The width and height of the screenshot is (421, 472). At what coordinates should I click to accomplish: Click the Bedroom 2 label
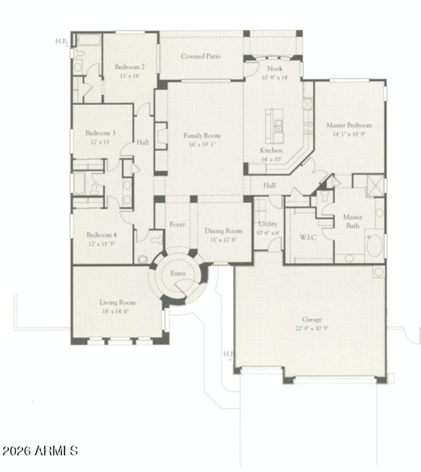[129, 67]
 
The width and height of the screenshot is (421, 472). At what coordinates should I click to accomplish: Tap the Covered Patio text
[201, 56]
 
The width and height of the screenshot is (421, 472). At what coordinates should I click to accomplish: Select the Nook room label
[275, 68]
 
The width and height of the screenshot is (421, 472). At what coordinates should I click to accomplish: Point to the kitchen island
[275, 126]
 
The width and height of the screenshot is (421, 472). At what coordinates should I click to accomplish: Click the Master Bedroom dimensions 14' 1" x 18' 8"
[349, 134]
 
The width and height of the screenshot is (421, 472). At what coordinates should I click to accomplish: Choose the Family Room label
[202, 135]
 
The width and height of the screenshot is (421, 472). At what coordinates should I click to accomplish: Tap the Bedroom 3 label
[101, 133]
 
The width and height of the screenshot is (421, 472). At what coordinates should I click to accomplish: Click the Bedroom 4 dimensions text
[101, 244]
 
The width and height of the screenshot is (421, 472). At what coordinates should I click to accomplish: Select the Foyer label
[177, 224]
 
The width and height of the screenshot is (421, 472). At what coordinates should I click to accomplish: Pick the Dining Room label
[223, 231]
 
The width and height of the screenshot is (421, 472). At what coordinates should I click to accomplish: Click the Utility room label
[268, 224]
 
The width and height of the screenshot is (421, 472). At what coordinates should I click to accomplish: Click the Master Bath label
[352, 221]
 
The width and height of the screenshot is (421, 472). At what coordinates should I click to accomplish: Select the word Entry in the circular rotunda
[178, 273]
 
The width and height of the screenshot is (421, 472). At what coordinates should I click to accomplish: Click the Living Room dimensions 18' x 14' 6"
[117, 311]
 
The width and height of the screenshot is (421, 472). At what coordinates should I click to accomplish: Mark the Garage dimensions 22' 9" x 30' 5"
[312, 328]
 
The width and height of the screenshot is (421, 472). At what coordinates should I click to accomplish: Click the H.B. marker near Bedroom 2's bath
[62, 41]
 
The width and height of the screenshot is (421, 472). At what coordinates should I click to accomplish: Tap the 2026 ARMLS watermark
[40, 451]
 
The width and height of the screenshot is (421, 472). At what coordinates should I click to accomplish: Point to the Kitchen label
[271, 150]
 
